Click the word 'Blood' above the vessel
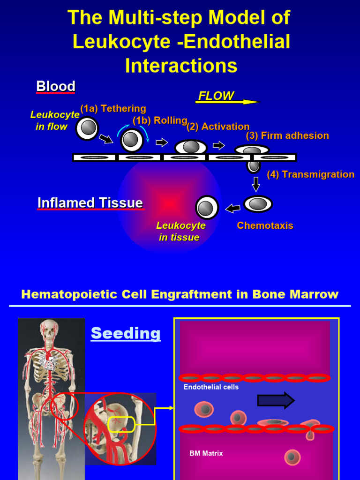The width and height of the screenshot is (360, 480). click(56, 86)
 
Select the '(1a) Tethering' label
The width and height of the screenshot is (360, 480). click(113, 109)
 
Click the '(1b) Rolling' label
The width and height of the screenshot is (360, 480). click(160, 120)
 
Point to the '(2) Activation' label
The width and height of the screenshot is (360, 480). click(218, 127)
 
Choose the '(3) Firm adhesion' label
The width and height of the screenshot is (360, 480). click(287, 135)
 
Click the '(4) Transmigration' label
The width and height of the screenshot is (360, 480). click(310, 174)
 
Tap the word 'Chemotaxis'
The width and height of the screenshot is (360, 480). click(265, 225)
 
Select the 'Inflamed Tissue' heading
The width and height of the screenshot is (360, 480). click(90, 203)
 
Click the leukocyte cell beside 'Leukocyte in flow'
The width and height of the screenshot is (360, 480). click(87, 128)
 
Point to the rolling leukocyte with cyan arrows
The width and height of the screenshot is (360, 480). click(132, 140)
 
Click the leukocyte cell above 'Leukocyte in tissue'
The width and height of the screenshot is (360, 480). click(207, 208)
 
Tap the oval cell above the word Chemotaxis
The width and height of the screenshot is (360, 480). click(257, 204)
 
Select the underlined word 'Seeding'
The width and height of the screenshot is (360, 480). click(126, 333)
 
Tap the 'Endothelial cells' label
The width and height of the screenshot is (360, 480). click(211, 387)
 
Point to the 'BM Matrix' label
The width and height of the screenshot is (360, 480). click(206, 453)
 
